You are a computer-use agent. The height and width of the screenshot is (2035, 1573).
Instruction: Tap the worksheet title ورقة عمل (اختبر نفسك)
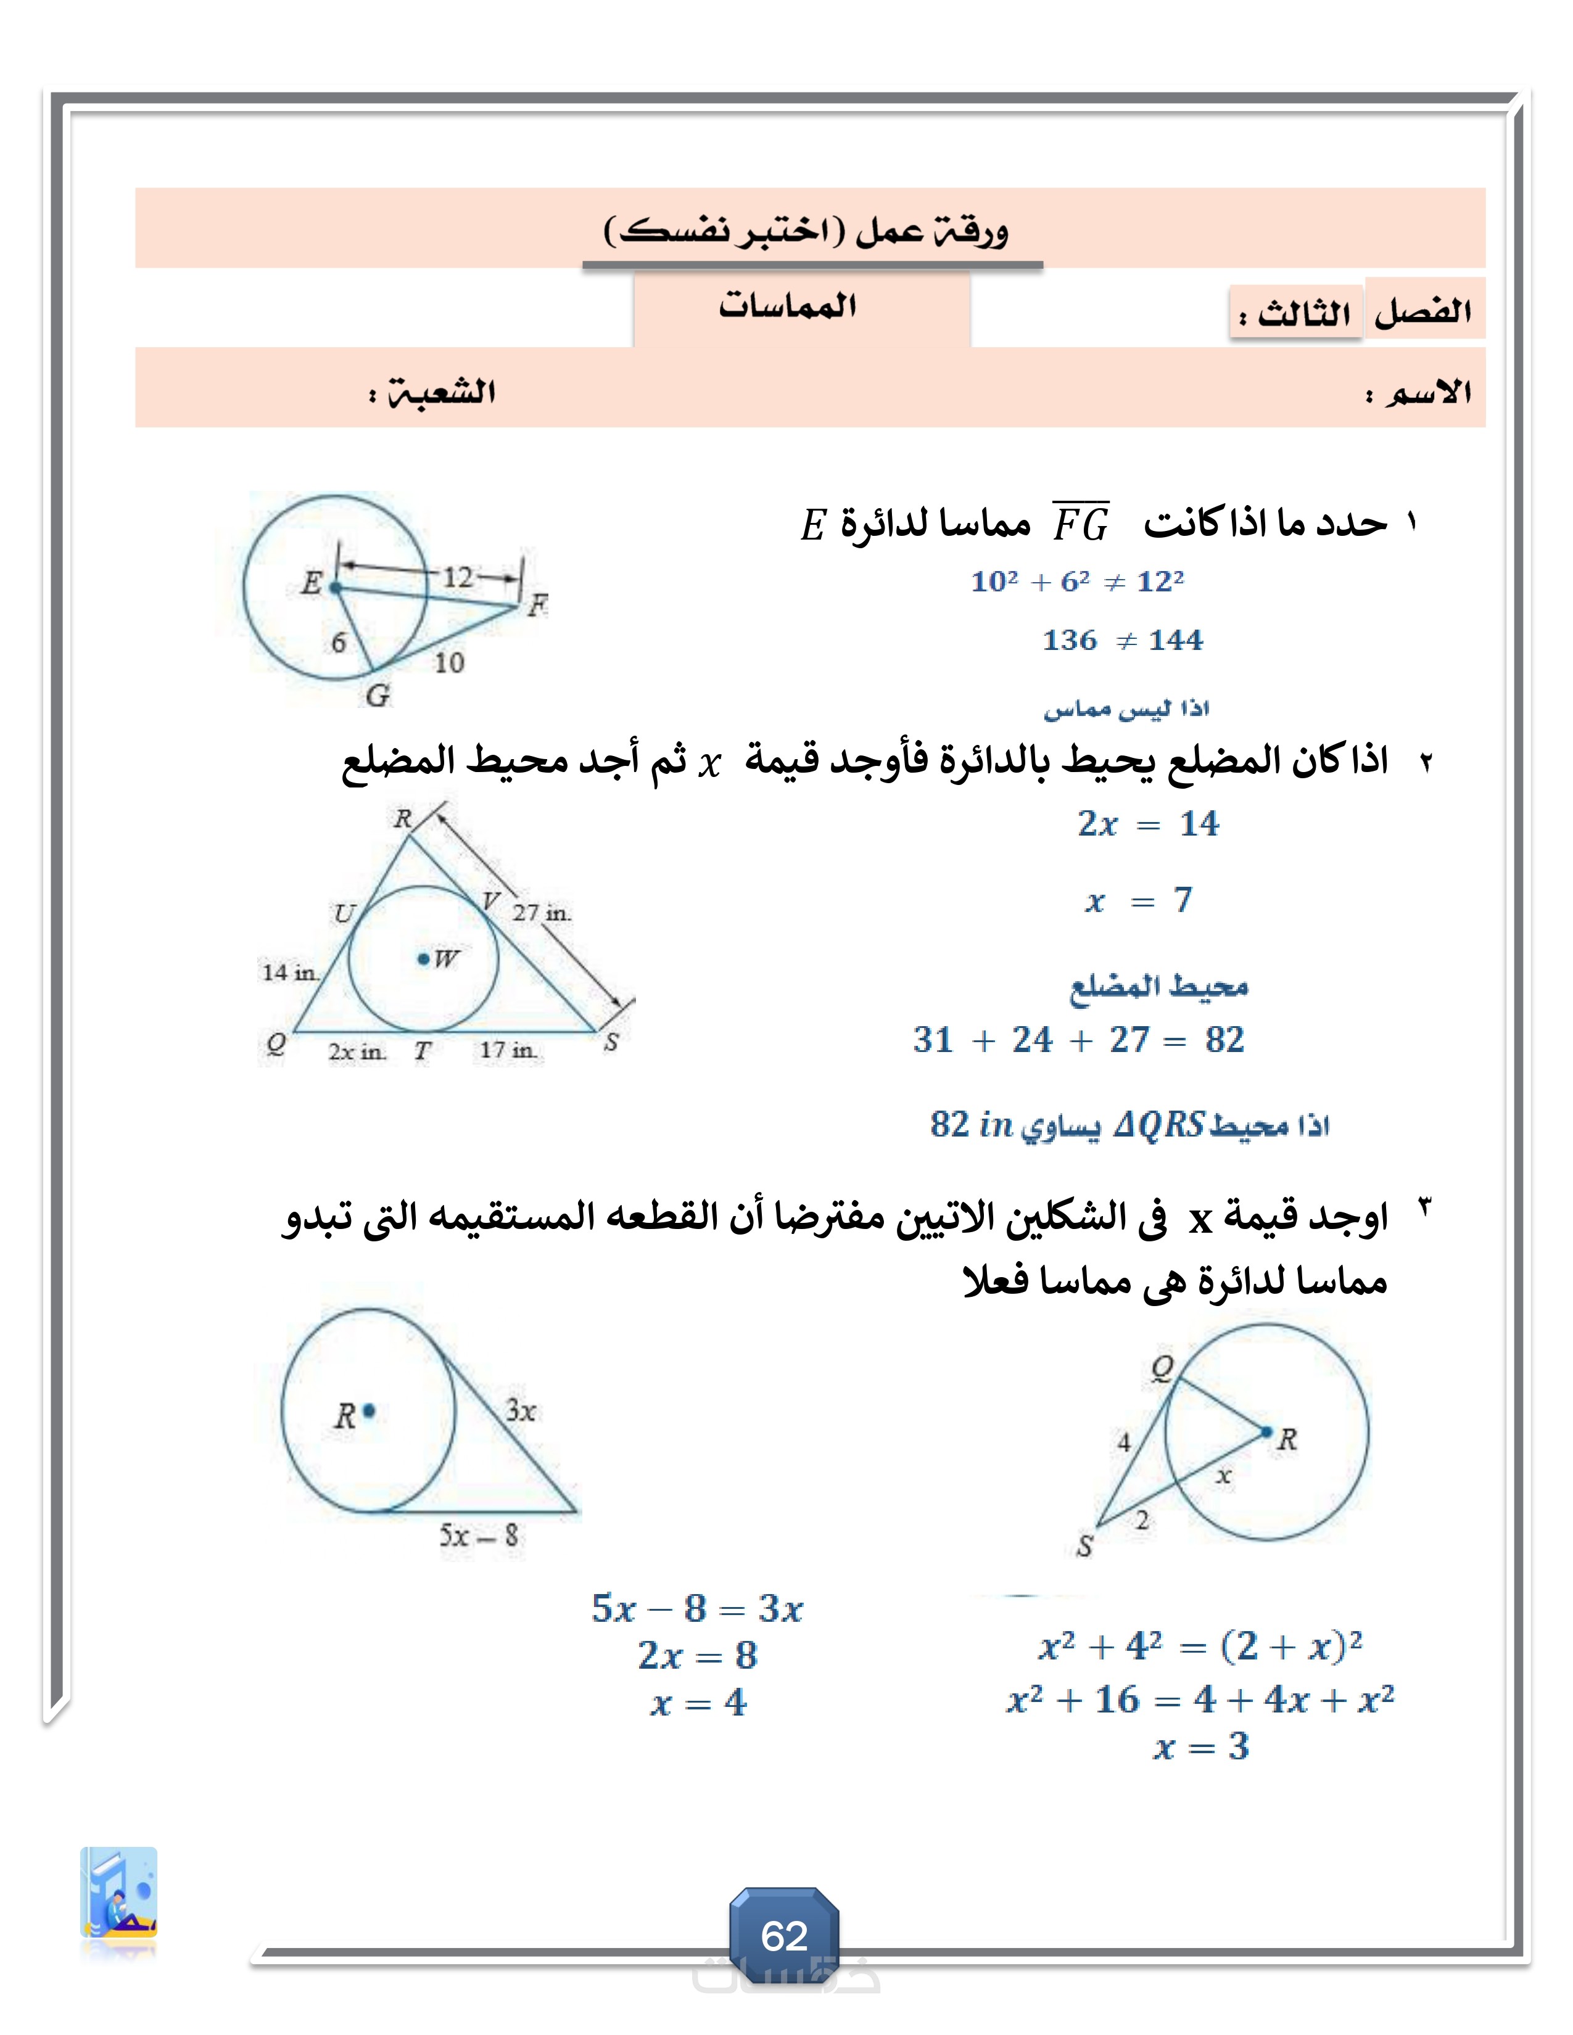pyautogui.click(x=807, y=229)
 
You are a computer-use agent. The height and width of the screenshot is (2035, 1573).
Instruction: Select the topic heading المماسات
pyautogui.click(x=788, y=306)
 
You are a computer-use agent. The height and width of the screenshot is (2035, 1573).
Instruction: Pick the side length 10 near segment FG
pyautogui.click(x=448, y=662)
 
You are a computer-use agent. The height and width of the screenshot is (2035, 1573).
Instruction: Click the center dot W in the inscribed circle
pyautogui.click(x=424, y=958)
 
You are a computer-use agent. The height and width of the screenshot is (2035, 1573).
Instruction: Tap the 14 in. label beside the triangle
pyautogui.click(x=289, y=972)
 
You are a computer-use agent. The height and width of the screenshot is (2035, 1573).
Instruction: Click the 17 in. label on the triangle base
pyautogui.click(x=508, y=1050)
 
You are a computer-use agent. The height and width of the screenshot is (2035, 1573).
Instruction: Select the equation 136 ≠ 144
pyautogui.click(x=1122, y=640)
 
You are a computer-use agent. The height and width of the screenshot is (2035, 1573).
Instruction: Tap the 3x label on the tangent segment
pyautogui.click(x=521, y=1411)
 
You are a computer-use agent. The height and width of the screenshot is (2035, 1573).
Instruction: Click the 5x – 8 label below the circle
pyautogui.click(x=478, y=1535)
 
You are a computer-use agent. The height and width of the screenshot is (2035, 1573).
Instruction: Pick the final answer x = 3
pyautogui.click(x=1200, y=1745)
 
